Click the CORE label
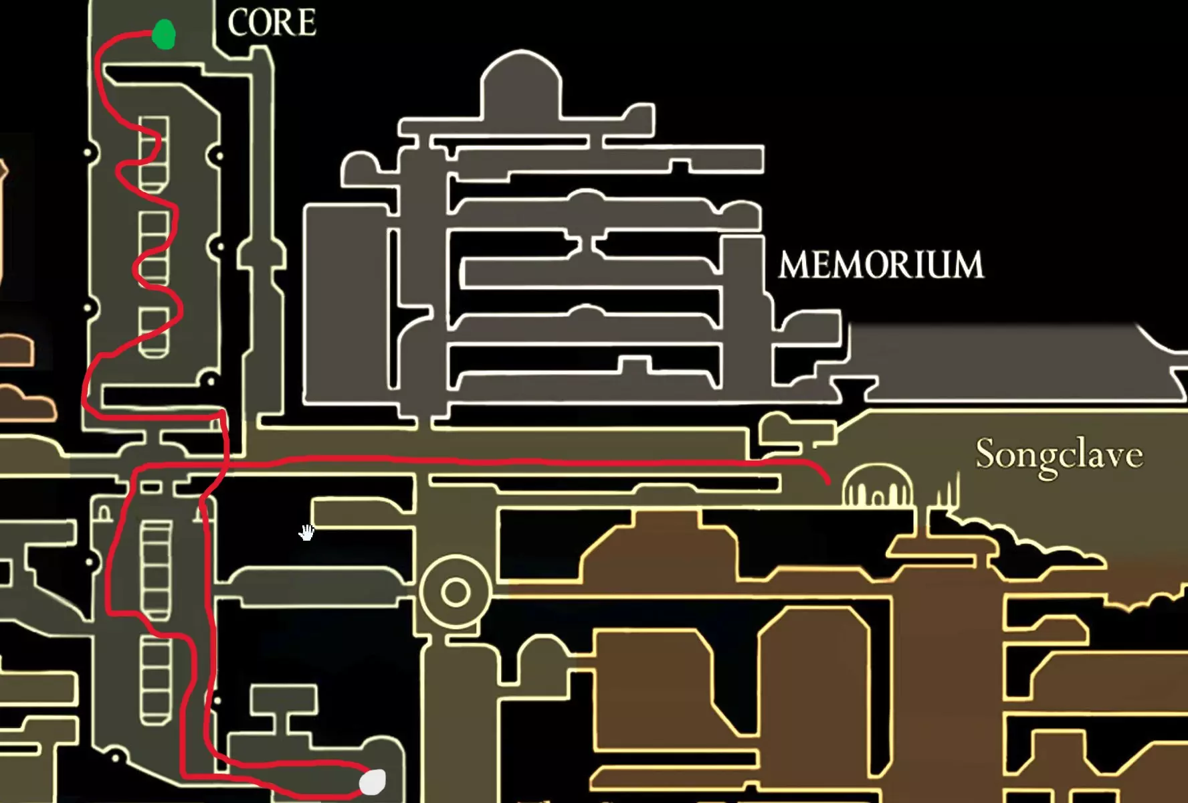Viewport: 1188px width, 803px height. click(x=272, y=23)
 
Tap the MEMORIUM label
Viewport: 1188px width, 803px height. click(x=881, y=265)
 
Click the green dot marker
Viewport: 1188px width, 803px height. click(x=163, y=34)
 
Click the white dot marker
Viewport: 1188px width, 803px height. click(x=373, y=782)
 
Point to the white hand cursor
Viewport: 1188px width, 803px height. click(x=306, y=533)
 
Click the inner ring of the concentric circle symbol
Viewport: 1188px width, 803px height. click(x=456, y=592)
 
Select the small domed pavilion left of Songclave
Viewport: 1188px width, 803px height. click(x=876, y=487)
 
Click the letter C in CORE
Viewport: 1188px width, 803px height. click(x=238, y=23)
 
